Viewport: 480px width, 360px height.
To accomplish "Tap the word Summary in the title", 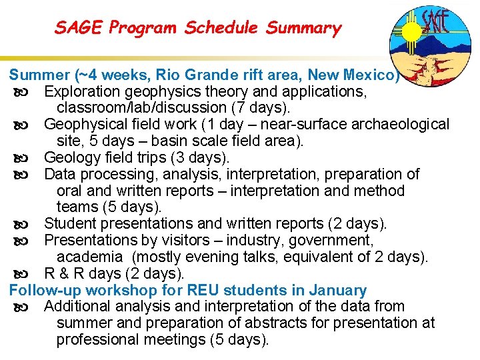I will coord(303,28).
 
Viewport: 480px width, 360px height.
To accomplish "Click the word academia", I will coord(89,257).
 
